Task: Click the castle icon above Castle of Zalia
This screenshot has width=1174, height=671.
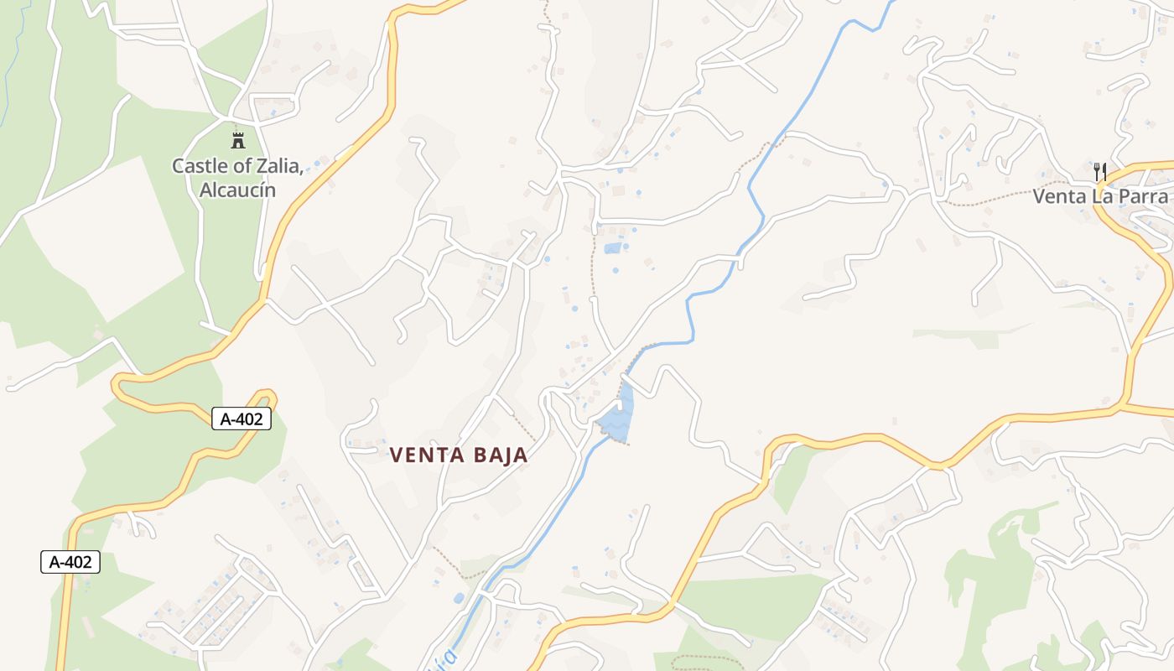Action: pos(238,139)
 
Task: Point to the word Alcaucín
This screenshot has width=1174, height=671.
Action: pos(237,190)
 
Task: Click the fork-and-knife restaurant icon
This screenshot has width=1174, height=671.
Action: pos(1101,172)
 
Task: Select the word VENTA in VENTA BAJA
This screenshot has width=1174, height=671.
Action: pos(428,455)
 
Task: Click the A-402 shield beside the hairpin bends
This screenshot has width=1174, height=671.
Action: pos(242,419)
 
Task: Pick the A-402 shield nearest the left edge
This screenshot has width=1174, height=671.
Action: pos(70,562)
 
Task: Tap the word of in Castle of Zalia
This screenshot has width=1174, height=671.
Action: pos(237,166)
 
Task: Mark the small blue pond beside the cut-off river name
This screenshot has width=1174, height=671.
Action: pos(458,599)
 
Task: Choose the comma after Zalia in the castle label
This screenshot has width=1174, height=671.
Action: pos(300,171)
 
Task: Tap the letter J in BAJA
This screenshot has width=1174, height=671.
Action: pos(501,455)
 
